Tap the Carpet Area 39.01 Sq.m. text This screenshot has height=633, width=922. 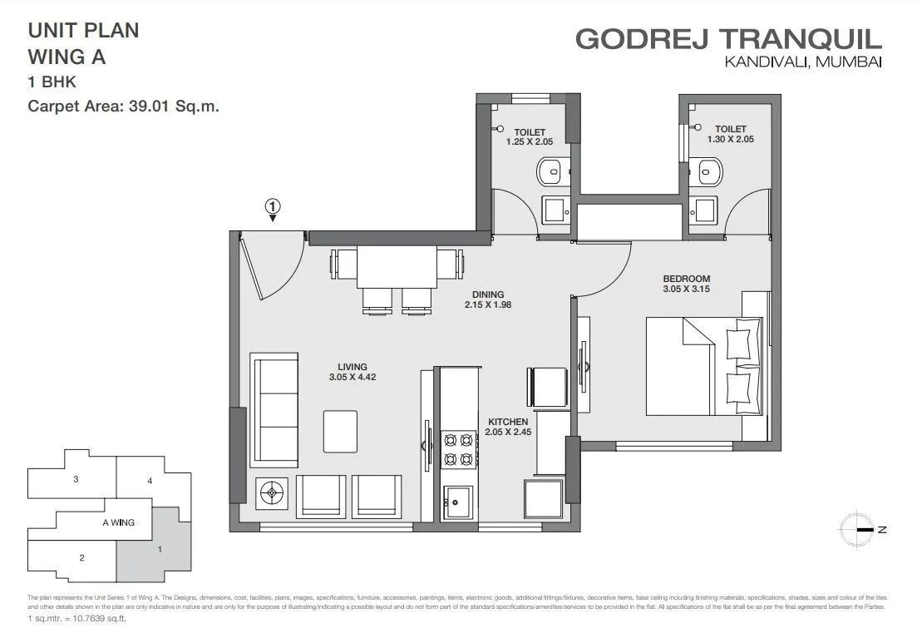point(124,106)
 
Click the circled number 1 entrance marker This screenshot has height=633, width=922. point(274,205)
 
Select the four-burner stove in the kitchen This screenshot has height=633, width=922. point(457,448)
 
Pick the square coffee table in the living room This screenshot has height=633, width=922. point(341,431)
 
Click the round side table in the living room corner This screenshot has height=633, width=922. point(269,495)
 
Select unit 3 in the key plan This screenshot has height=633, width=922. point(76,479)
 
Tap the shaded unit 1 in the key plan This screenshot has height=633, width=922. point(158,550)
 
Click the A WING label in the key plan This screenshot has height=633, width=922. point(118,522)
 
